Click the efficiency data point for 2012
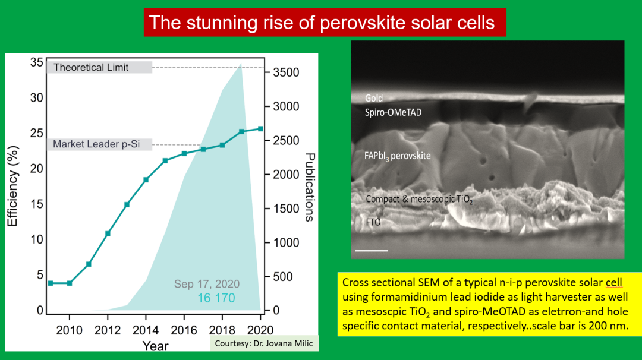click(x=108, y=233)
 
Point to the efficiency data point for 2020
click(x=260, y=128)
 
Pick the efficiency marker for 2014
click(x=146, y=179)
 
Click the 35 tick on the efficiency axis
click(x=36, y=62)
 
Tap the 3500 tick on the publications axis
click(x=285, y=72)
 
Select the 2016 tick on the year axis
click(x=184, y=330)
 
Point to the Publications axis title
click(x=310, y=187)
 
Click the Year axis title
click(x=155, y=345)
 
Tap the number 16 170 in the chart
click(x=216, y=298)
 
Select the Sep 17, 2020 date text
click(x=206, y=284)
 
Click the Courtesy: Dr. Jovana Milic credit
click(x=264, y=343)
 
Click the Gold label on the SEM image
click(x=374, y=98)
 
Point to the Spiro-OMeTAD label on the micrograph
click(x=393, y=112)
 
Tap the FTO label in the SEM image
click(x=373, y=222)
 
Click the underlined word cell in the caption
click(x=612, y=282)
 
